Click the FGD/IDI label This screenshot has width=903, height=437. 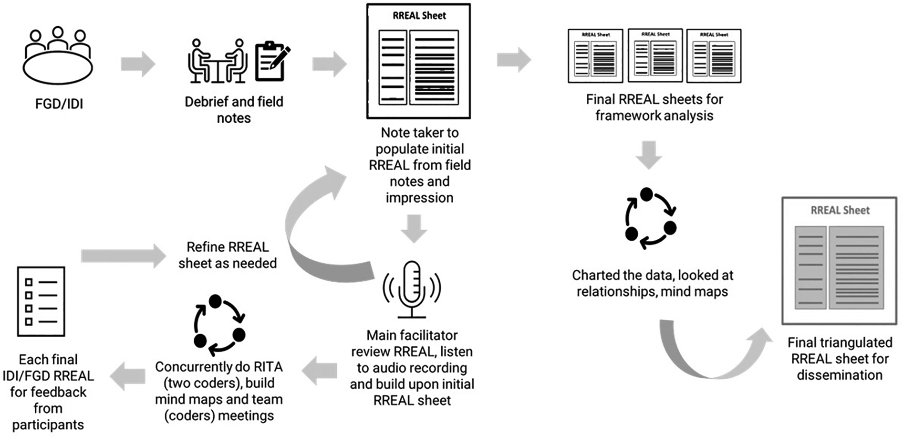point(59,104)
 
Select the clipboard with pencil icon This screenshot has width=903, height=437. point(272,61)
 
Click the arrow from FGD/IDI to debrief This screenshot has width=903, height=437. point(138,64)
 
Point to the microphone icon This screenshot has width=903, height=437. point(412,289)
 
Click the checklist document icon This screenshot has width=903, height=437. point(41,301)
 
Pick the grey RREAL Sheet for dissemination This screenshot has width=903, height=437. point(839,261)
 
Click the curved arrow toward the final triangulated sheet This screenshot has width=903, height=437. point(711,353)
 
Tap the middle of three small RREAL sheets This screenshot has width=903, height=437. point(655,55)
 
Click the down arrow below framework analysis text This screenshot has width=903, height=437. point(649,154)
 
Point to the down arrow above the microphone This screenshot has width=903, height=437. point(414,228)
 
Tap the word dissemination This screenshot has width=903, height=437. point(839,375)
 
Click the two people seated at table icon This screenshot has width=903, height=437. point(218,62)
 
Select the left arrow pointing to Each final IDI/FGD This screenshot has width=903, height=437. point(128,375)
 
